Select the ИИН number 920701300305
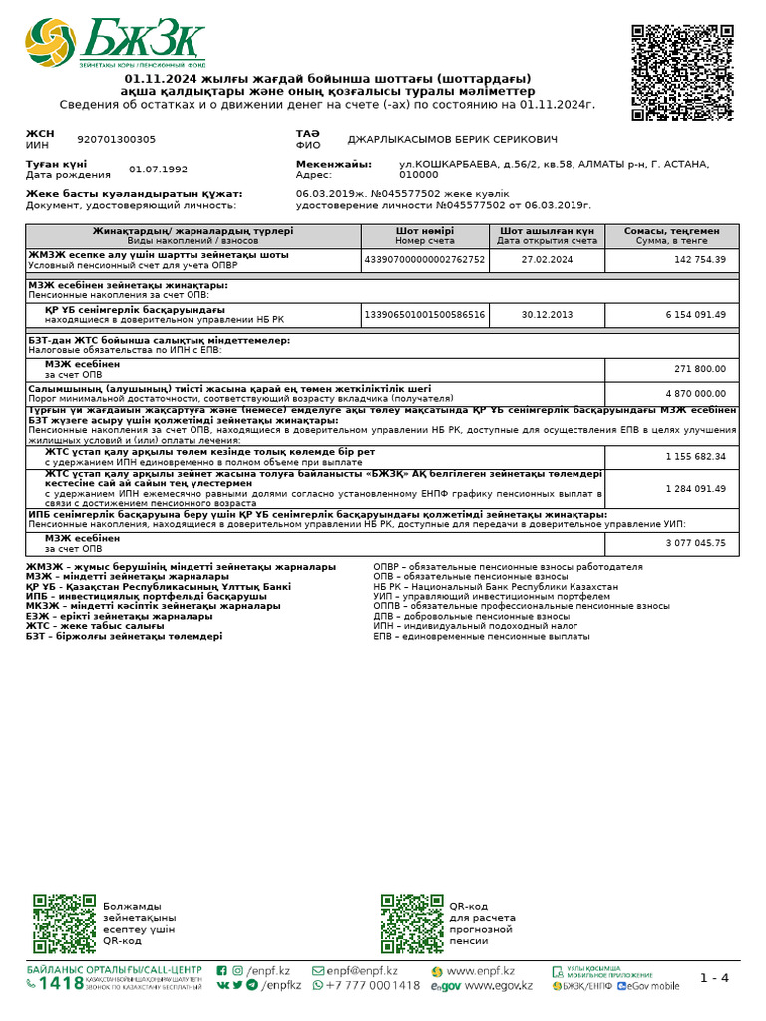116,140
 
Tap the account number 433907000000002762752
425,259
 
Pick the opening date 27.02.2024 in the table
548,259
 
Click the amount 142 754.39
700,259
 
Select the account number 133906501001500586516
425,315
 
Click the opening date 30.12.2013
548,315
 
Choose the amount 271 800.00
700,369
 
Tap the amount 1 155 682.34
695,456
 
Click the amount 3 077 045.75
695,543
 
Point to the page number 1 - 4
714,978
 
